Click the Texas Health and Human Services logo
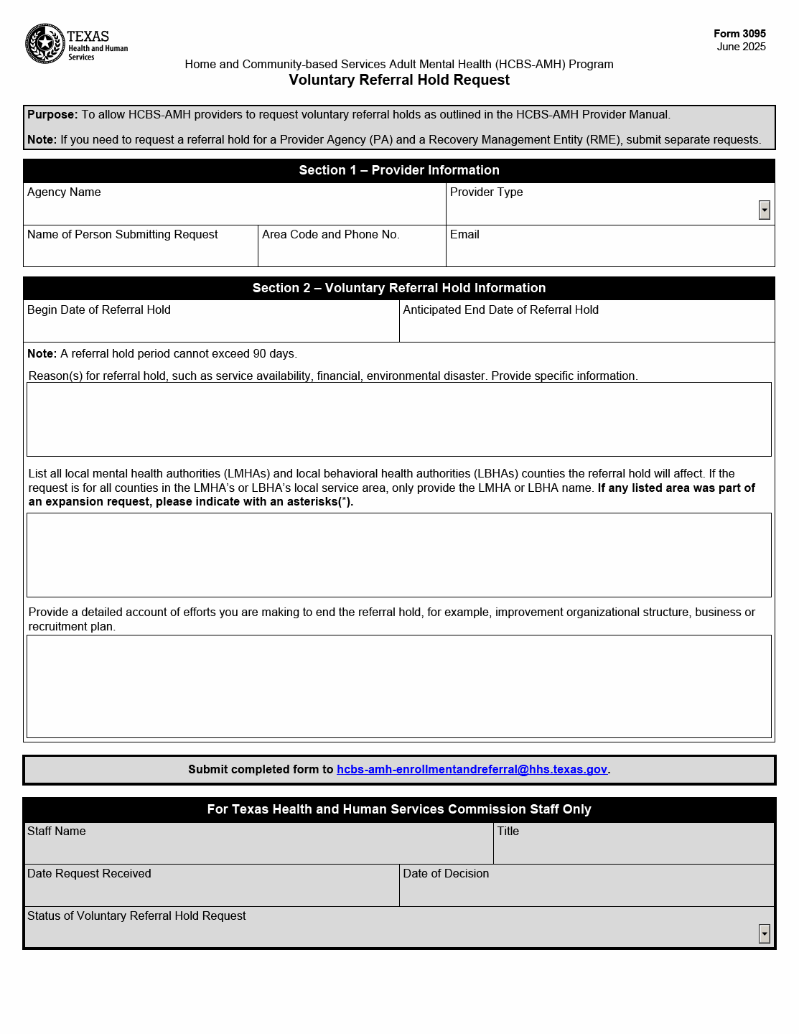click(76, 44)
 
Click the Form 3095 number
click(739, 34)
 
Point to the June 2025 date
click(741, 47)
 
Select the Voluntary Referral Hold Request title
click(399, 80)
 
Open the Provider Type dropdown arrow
click(764, 210)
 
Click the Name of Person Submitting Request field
click(141, 252)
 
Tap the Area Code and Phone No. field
click(352, 252)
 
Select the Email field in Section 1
click(610, 252)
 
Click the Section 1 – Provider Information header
click(399, 170)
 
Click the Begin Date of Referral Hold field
click(211, 327)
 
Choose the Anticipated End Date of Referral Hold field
click(587, 327)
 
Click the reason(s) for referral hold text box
click(399, 419)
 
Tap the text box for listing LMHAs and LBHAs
click(399, 555)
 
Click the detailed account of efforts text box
click(399, 686)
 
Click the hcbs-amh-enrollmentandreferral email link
click(472, 770)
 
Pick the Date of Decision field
click(587, 891)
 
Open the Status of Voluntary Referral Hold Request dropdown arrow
click(764, 933)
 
